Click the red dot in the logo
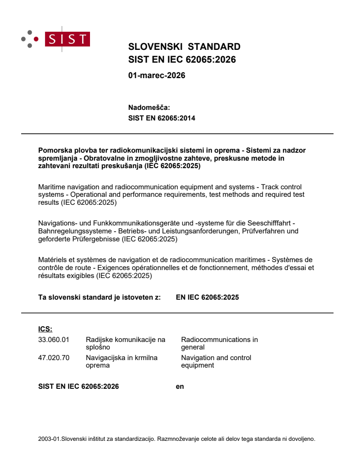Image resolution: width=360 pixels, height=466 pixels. coord(36,39)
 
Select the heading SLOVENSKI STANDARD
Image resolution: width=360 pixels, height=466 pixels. coord(184,47)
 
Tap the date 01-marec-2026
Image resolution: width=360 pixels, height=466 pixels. coord(157,75)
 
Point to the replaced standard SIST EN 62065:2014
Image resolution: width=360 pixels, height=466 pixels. coord(161,118)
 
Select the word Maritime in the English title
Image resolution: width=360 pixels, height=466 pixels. coord(52,187)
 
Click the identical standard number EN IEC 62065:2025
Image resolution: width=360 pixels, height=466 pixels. coord(207,297)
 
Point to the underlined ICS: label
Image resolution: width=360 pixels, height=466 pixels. coord(45,329)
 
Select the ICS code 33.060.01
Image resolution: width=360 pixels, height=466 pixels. coord(54,340)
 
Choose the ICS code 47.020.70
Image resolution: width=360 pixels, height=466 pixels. coord(54,358)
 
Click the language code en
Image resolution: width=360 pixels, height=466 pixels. coord(180,387)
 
